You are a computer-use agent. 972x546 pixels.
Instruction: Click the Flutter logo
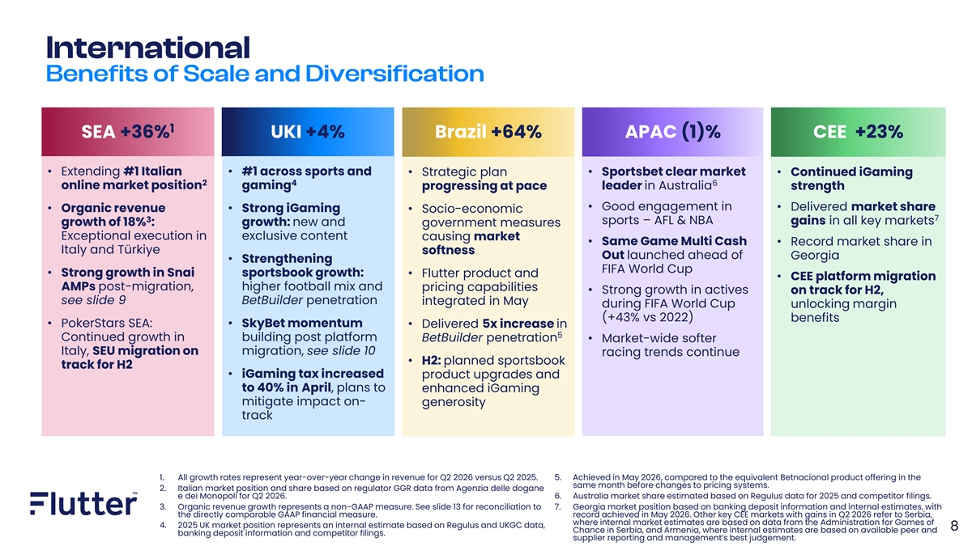tap(83, 503)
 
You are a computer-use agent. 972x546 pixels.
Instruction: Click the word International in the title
tap(148, 48)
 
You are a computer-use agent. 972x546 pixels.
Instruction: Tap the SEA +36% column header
tap(128, 132)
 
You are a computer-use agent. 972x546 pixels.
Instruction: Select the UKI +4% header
tap(308, 132)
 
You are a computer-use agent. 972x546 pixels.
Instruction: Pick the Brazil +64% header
tap(488, 132)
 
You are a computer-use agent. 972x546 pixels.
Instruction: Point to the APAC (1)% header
tap(672, 132)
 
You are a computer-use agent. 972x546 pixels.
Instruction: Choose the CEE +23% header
tap(858, 132)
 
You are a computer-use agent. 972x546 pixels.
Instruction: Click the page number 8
tap(954, 526)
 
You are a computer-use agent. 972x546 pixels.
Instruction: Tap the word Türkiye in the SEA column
tap(139, 250)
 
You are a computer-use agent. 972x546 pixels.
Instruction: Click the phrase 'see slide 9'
tap(93, 300)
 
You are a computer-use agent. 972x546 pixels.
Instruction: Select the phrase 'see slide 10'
tap(341, 350)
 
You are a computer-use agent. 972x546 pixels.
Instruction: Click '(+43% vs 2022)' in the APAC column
tap(647, 318)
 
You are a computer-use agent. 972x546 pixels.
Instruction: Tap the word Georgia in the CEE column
tap(815, 256)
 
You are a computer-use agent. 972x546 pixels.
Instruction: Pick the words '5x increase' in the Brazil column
tap(518, 324)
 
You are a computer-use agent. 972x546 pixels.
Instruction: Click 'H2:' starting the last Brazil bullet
tap(431, 361)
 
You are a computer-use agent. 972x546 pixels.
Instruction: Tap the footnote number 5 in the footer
tap(557, 477)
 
